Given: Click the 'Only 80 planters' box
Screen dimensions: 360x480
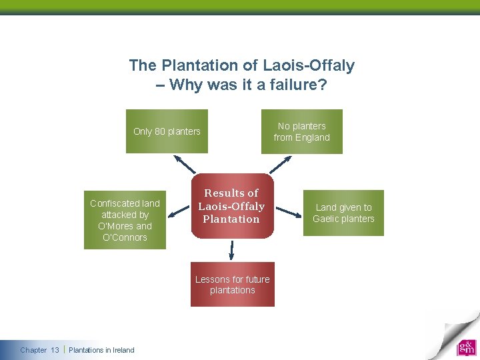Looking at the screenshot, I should [x=167, y=131].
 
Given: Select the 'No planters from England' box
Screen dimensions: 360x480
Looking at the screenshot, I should [x=301, y=131].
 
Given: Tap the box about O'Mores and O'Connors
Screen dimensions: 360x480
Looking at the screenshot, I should [x=125, y=220].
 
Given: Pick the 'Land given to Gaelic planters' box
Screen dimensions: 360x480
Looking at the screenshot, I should [x=343, y=213].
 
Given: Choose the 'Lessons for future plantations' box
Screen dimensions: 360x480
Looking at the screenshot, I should [x=232, y=285].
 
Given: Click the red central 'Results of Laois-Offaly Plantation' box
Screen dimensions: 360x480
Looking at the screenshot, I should [x=231, y=206].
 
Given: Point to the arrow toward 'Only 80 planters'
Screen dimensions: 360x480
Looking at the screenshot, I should [x=185, y=164].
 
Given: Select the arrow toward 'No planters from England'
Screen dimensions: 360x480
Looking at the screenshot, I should [x=280, y=164].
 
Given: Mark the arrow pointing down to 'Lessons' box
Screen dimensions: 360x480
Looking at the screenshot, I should [x=232, y=250].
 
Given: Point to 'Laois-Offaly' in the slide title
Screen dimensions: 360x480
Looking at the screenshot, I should [x=309, y=65].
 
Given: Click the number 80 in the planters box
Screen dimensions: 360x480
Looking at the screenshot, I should [x=160, y=131].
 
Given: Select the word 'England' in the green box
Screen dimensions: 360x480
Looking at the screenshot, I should [x=313, y=137].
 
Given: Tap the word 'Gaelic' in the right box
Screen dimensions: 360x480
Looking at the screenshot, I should [x=327, y=219].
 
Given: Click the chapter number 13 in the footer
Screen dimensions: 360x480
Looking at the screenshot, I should [x=55, y=350].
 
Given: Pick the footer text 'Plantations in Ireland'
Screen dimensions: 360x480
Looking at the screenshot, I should [x=101, y=350].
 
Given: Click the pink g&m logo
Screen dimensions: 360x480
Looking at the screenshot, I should [x=466, y=347].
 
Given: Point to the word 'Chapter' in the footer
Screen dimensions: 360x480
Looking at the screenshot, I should [x=33, y=350].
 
